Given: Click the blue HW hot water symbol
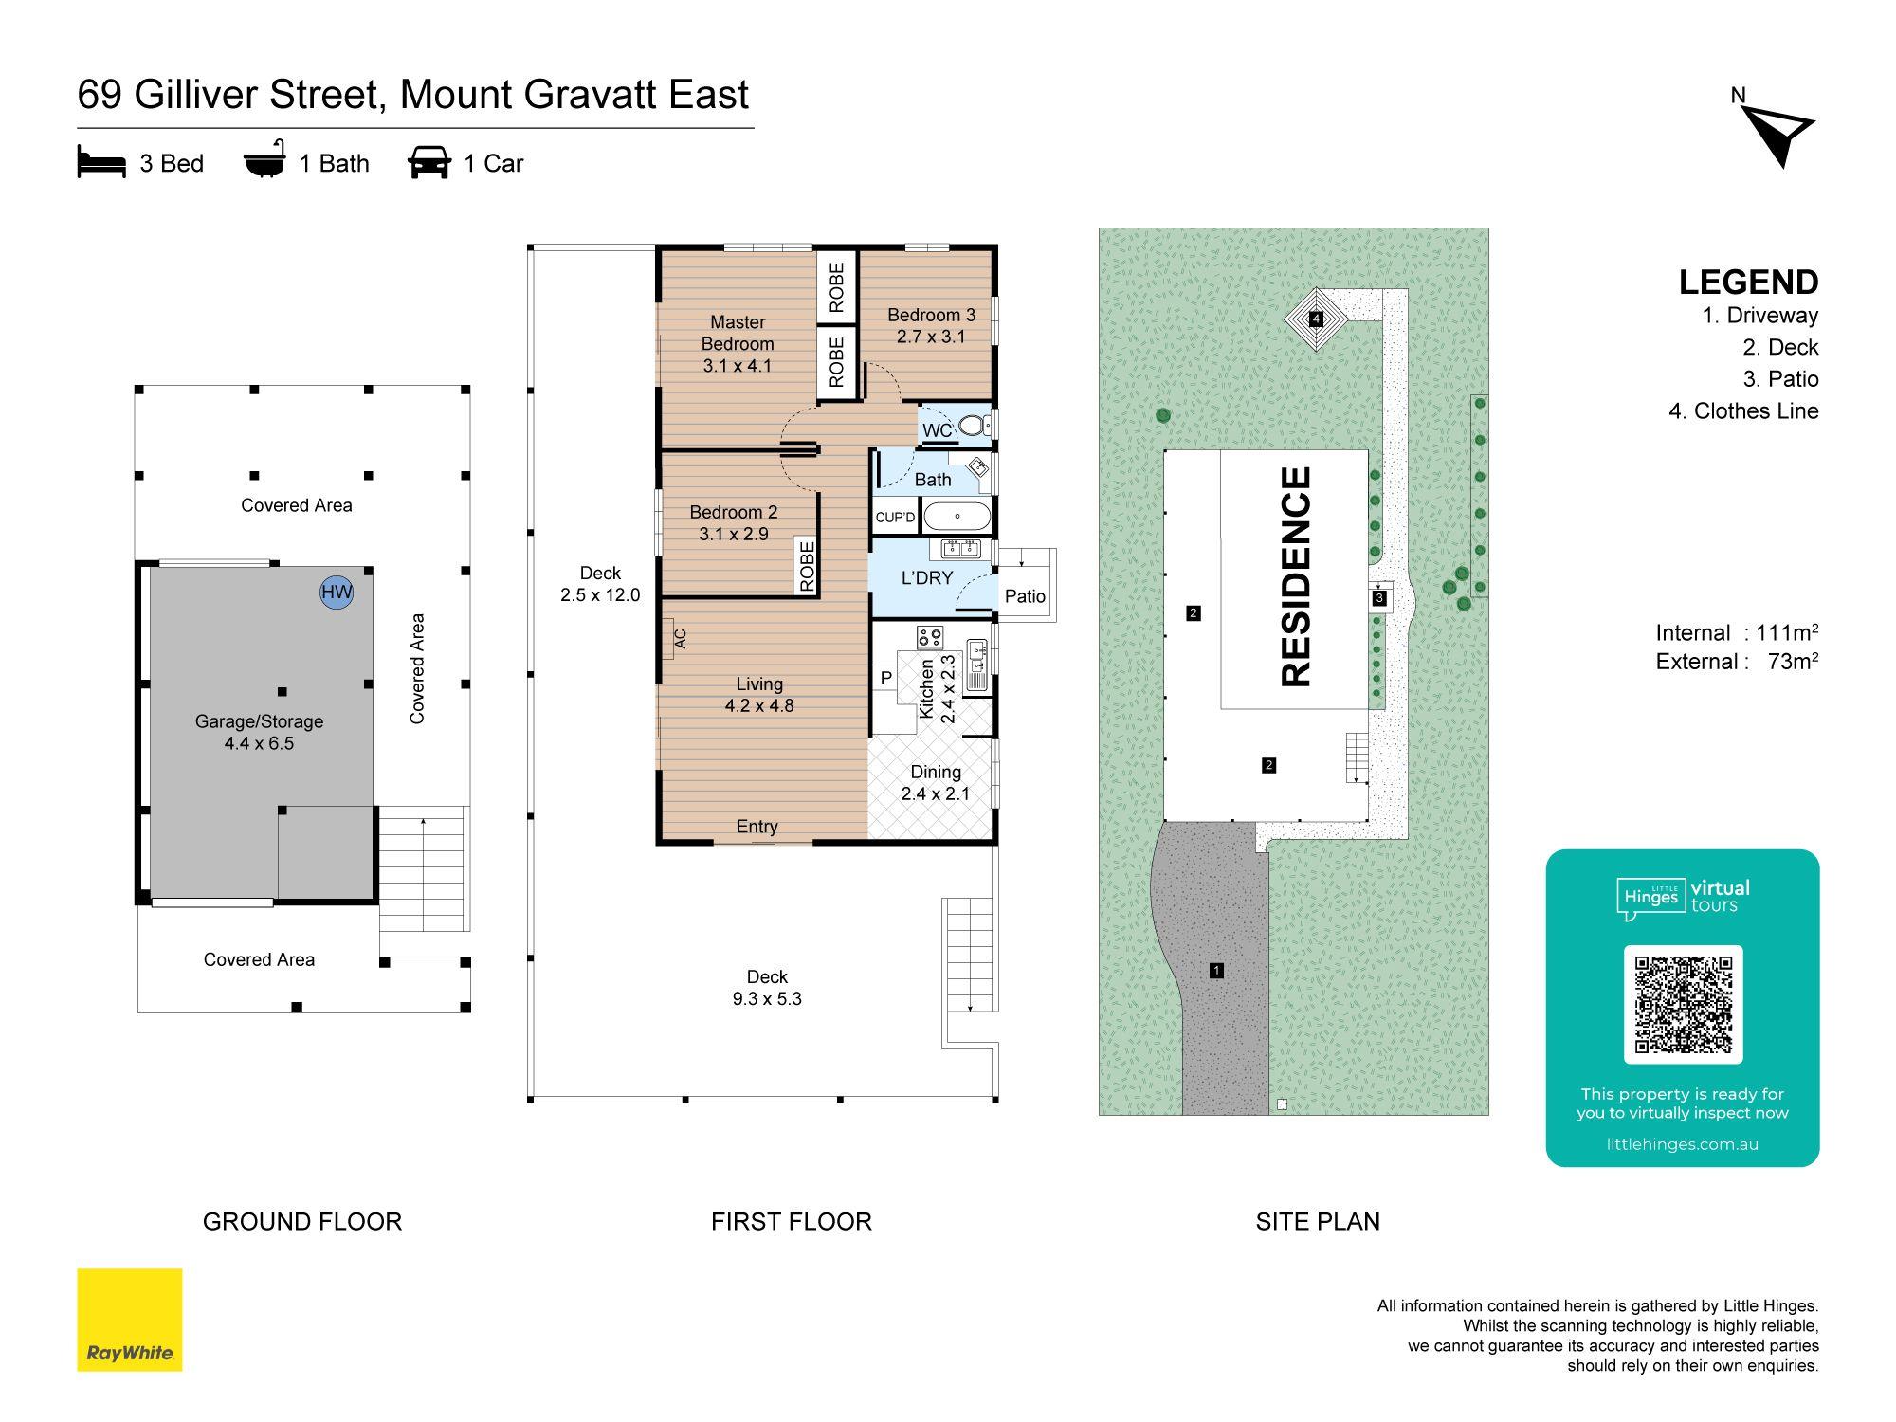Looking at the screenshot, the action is click(337, 592).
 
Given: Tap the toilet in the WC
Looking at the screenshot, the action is click(975, 425).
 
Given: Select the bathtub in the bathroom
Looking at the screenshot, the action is click(957, 517).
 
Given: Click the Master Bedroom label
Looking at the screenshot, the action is click(738, 343).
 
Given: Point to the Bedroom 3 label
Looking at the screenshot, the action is click(931, 325).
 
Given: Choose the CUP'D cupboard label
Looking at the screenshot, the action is click(895, 518).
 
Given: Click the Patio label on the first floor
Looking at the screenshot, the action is click(1025, 596).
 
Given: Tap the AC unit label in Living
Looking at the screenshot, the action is click(680, 639).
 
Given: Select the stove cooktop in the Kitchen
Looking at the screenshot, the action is click(929, 637).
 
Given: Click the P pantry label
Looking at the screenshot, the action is click(886, 678).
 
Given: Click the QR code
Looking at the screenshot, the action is click(1683, 1005).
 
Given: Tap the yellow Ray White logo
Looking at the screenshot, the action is click(129, 1320).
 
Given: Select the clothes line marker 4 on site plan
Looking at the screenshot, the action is click(1316, 319).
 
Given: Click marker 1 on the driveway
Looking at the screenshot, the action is click(1216, 970).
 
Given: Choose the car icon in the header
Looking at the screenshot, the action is click(429, 162).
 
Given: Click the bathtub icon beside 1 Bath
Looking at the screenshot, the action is click(264, 162).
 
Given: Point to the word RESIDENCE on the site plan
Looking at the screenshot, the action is click(1295, 576).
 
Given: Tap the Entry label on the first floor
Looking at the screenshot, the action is click(757, 827).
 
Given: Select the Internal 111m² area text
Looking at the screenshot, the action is click(1737, 632).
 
